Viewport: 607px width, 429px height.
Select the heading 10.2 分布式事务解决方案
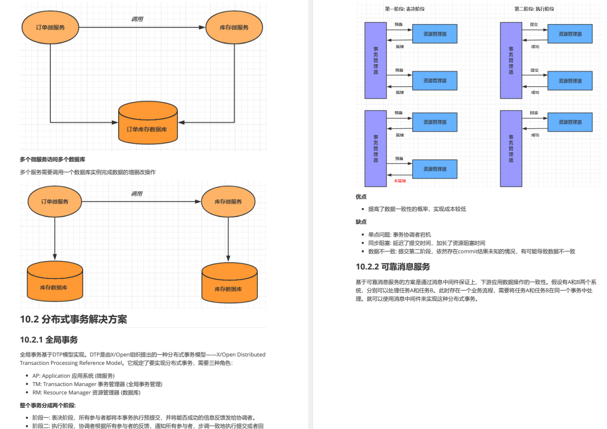[x=74, y=320]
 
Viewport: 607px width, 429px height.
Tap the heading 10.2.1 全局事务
[x=49, y=339]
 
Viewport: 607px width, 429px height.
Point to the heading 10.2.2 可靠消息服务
[x=393, y=267]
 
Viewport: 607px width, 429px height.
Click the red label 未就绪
[x=400, y=181]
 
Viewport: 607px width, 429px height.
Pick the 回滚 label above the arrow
[x=534, y=113]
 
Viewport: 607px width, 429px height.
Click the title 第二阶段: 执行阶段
[x=534, y=8]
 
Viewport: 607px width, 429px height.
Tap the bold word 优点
[x=361, y=196]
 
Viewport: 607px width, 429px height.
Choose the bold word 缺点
[x=361, y=221]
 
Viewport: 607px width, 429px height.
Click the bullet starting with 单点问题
[x=399, y=235]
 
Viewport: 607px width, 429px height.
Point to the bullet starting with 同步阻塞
[x=426, y=243]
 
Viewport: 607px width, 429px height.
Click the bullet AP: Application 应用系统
[x=73, y=375]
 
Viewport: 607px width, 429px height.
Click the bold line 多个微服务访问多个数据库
[x=52, y=160]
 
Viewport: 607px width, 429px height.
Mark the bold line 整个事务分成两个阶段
[x=47, y=406]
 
